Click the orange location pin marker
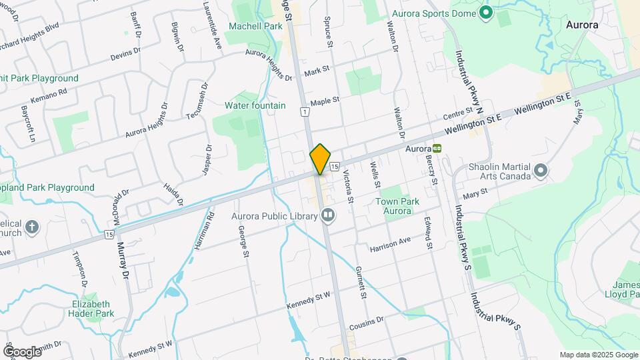point(320,159)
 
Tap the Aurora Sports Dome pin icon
point(486,12)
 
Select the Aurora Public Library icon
point(327,215)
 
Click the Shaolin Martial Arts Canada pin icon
point(541,171)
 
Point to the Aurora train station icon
point(437,148)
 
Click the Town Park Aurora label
point(397,206)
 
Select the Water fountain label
point(255,105)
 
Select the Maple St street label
point(325,101)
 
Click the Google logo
point(22,351)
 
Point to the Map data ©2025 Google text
point(598,355)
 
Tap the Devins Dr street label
point(125,51)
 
